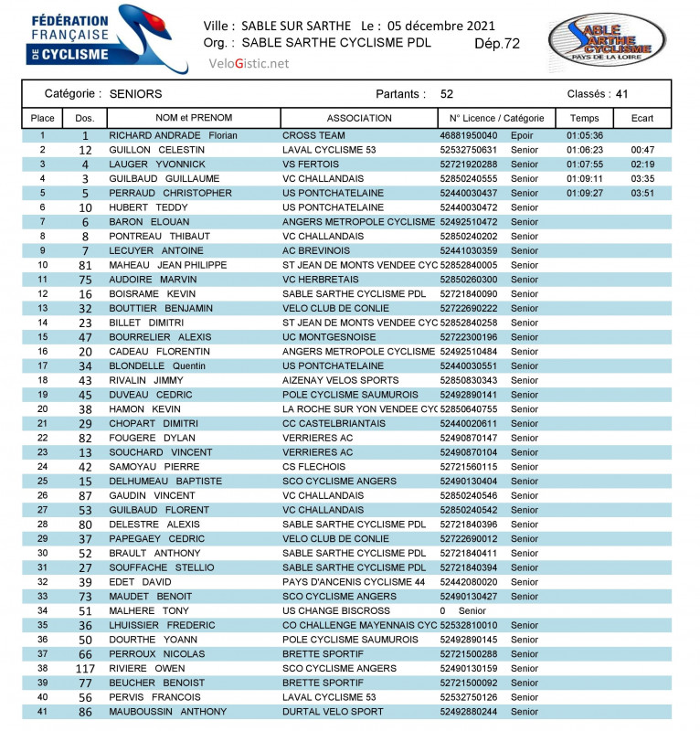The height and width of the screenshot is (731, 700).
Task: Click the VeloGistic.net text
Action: pos(249,63)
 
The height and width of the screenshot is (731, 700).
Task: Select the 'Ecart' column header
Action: pos(642,118)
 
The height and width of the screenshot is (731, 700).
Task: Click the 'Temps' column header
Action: pos(585,118)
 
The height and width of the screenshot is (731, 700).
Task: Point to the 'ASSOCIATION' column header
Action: pos(359,118)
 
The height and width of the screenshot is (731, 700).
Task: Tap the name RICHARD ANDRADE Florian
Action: pos(173,135)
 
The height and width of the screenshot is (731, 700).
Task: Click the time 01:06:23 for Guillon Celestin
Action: pos(585,150)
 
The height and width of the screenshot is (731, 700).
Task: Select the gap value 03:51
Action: pos(642,193)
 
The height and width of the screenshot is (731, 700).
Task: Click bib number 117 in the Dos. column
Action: pos(85,668)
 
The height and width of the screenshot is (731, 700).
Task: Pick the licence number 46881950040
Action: pos(469,135)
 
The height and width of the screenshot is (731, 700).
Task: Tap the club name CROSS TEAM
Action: pos(313,135)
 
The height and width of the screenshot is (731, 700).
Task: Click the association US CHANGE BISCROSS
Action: pos(336,610)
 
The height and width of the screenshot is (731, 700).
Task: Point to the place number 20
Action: pos(43,409)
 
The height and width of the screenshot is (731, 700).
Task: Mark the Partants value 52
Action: pos(447,94)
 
